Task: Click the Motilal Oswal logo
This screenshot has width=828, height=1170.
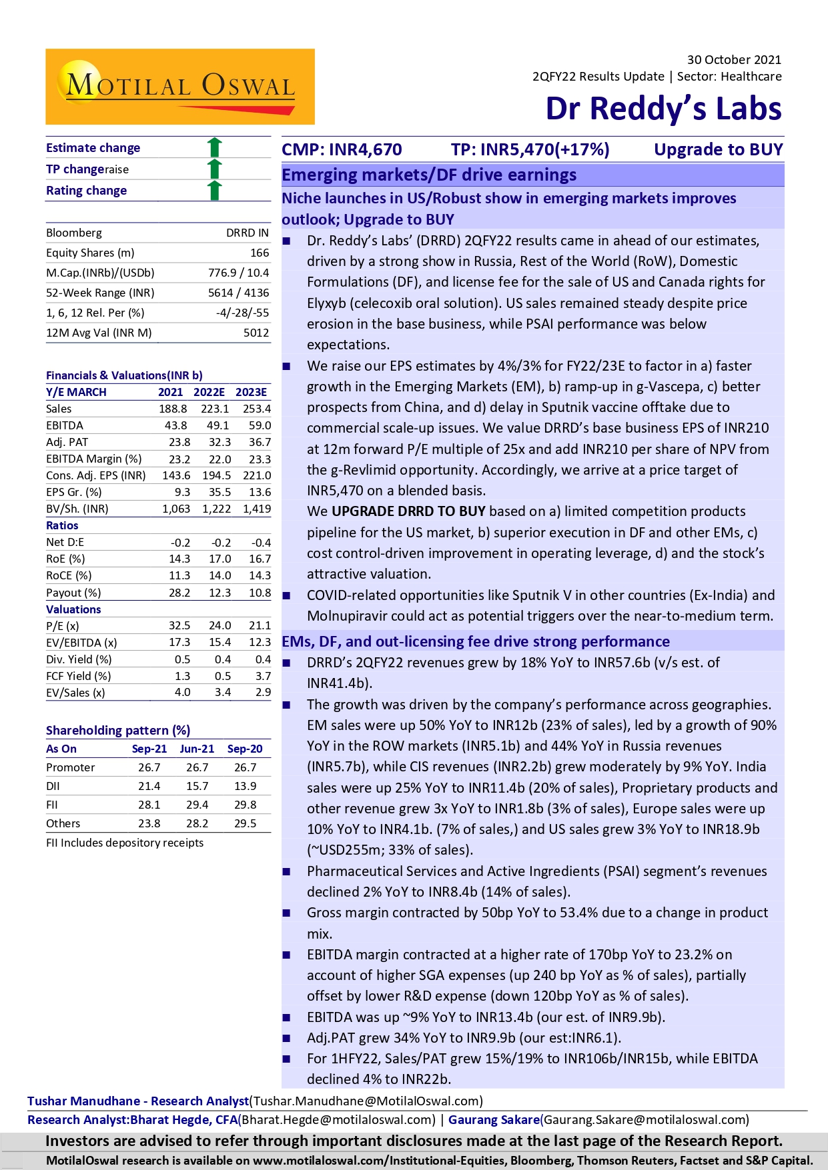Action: [x=180, y=87]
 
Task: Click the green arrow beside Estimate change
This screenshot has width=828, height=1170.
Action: [x=214, y=147]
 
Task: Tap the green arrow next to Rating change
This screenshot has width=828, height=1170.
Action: [x=214, y=190]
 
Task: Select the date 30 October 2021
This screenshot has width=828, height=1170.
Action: [x=734, y=60]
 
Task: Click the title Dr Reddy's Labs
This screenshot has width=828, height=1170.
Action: [x=663, y=109]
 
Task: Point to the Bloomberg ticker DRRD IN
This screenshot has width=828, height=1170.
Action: [x=248, y=233]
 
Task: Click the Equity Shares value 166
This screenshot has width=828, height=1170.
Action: [x=260, y=253]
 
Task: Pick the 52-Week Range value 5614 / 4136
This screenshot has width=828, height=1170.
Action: [x=238, y=293]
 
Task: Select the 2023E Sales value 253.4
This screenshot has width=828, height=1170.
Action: [x=257, y=409]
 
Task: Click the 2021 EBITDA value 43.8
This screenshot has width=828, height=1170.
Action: [x=176, y=425]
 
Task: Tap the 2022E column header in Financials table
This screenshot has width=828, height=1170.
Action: [x=209, y=392]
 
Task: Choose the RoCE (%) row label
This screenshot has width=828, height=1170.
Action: [x=65, y=575]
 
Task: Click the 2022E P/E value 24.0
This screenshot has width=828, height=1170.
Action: [x=220, y=625]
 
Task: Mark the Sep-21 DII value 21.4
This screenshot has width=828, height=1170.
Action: [x=149, y=786]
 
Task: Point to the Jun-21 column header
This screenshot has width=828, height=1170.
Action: [x=197, y=749]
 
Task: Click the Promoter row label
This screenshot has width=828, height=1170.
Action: [x=71, y=767]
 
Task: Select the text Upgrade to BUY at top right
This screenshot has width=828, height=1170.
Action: [x=718, y=149]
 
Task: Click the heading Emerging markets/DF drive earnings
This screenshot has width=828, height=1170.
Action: [x=429, y=175]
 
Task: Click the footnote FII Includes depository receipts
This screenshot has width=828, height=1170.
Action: [x=125, y=843]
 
